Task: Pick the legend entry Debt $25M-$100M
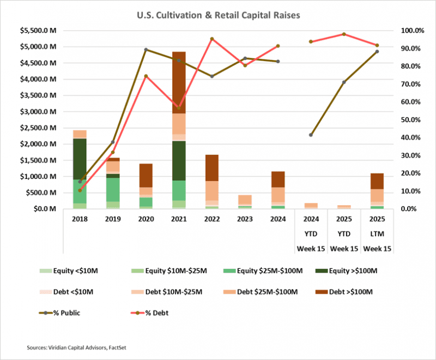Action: click(262, 292)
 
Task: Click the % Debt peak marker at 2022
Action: click(212, 39)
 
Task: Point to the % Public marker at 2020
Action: click(146, 50)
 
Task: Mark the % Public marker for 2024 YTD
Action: click(311, 135)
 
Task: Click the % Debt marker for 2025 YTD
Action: click(344, 34)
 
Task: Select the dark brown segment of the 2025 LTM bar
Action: click(377, 181)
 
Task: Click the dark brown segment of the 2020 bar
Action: click(146, 175)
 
